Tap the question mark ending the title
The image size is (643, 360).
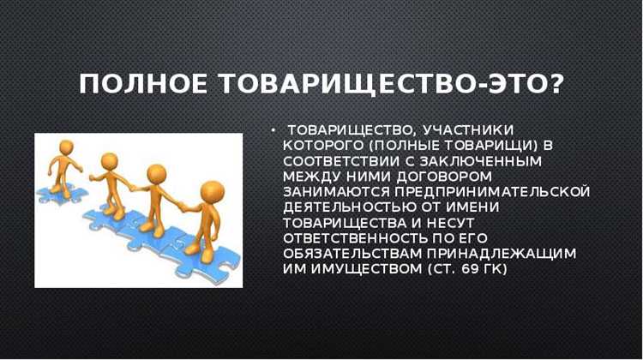[x=554, y=85]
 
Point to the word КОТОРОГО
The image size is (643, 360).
[x=321, y=144]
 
